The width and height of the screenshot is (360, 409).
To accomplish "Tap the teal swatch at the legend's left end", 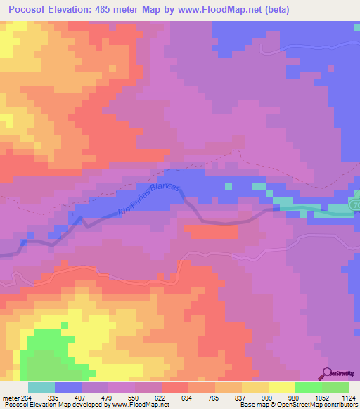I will coord(41,388).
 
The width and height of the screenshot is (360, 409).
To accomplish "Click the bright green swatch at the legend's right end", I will coord(335,388).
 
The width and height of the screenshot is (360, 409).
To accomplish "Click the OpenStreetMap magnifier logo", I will coord(328,373).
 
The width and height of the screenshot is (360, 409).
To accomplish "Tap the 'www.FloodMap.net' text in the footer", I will coord(138,405).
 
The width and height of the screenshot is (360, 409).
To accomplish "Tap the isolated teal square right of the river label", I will coord(227,187).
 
